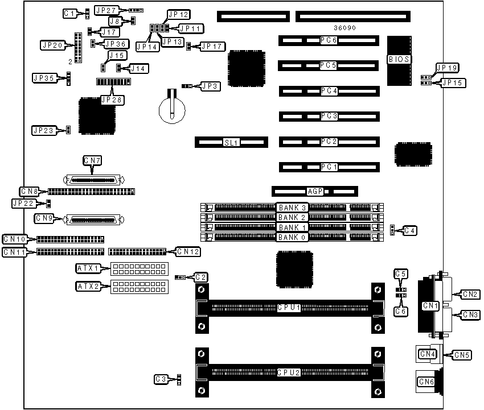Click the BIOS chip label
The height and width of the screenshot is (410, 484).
399,59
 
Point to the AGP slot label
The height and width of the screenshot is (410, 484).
315,192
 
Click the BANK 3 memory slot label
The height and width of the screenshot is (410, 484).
292,207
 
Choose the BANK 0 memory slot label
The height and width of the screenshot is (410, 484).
292,237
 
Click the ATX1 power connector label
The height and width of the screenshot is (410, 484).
88,268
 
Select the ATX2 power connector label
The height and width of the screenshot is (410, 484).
88,287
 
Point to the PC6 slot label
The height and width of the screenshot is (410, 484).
329,41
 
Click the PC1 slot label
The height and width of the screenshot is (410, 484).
329,167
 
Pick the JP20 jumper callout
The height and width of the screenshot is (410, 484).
51,44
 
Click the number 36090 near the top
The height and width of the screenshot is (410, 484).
344,27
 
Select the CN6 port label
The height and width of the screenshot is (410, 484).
427,382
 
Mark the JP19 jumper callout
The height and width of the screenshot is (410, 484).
446,68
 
